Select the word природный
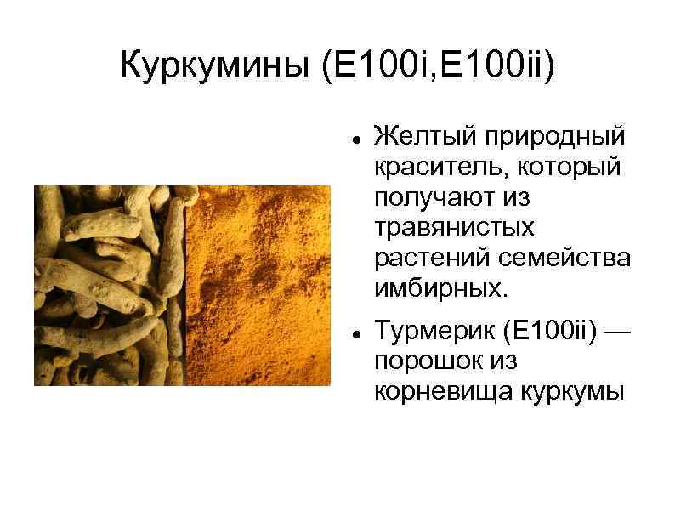(x=555, y=136)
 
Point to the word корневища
(x=437, y=391)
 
